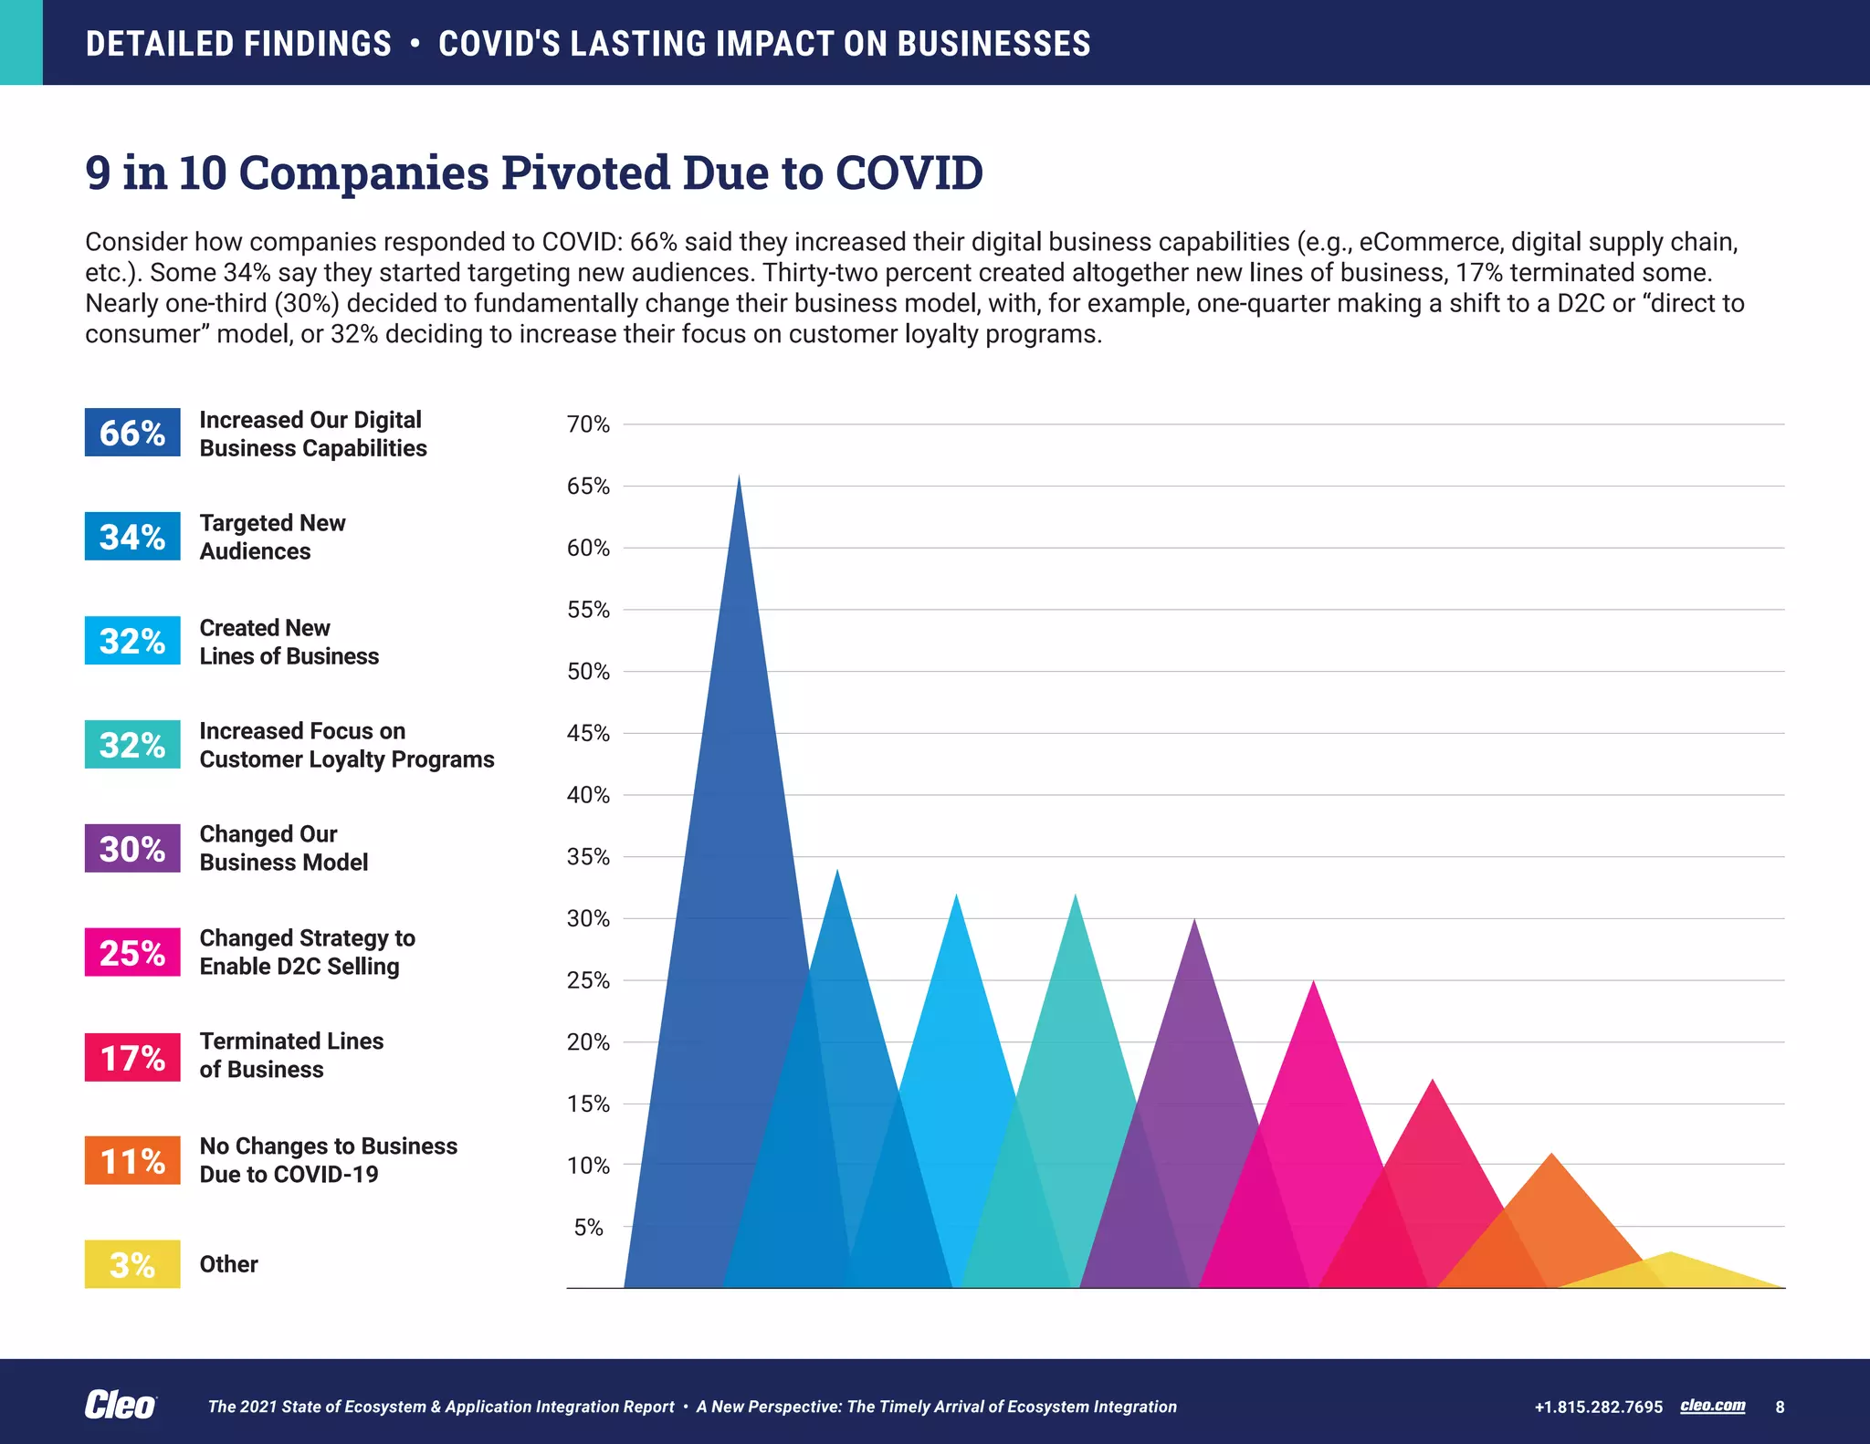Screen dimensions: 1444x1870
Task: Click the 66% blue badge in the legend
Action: (132, 432)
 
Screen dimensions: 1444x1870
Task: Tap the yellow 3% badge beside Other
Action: (132, 1264)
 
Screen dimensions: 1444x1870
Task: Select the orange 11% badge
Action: (132, 1160)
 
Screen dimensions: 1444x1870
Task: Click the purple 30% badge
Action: (132, 848)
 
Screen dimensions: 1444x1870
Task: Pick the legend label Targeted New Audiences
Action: (272, 537)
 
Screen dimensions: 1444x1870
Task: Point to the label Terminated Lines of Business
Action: (291, 1055)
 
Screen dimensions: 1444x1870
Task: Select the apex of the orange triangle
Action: (1551, 1156)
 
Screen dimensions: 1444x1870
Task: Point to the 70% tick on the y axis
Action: (588, 424)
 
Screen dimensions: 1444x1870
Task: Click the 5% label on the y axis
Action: (588, 1228)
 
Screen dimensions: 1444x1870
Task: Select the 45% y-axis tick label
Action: (588, 734)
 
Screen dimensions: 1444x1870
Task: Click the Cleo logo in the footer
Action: (121, 1406)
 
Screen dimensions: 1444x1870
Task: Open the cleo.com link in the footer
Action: (1712, 1406)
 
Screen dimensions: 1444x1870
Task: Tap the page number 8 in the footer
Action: (1780, 1407)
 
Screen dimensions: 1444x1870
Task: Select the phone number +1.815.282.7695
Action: (1598, 1407)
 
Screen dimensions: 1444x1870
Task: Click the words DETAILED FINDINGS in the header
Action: (238, 44)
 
